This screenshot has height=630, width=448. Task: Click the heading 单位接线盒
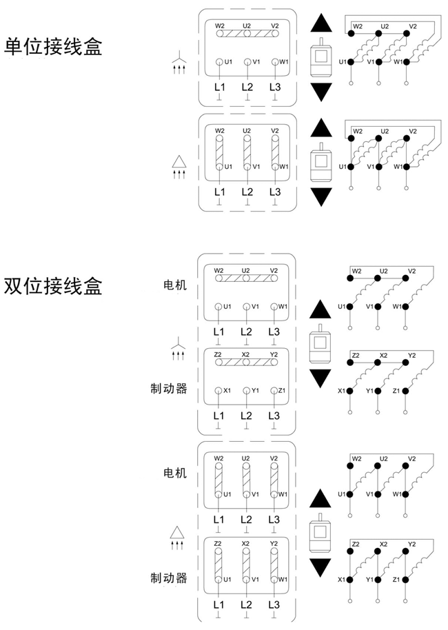(53, 47)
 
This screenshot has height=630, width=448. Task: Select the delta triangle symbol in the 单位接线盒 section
(179, 165)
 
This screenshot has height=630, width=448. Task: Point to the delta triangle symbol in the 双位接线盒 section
(179, 536)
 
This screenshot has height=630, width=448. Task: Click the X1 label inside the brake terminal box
(227, 391)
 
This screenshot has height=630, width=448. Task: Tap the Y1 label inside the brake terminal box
(255, 391)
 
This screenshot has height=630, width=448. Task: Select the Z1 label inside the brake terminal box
(283, 391)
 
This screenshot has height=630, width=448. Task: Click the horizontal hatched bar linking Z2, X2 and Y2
(246, 362)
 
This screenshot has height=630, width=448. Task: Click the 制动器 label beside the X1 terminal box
(169, 389)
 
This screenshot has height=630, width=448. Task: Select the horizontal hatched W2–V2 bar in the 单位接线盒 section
(246, 32)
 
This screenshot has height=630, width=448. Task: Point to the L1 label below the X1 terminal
(218, 416)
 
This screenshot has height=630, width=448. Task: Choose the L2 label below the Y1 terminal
(246, 416)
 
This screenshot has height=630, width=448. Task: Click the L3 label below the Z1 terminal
(274, 416)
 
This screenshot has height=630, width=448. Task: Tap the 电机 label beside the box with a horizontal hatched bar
(175, 285)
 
